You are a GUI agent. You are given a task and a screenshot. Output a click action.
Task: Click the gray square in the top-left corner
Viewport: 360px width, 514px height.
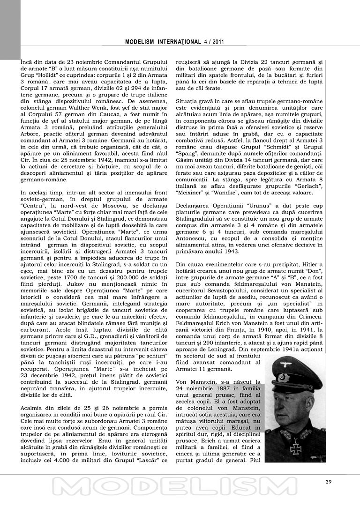tap(10, 30)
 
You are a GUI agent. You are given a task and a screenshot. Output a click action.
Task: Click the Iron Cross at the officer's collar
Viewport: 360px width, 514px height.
tap(296, 447)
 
